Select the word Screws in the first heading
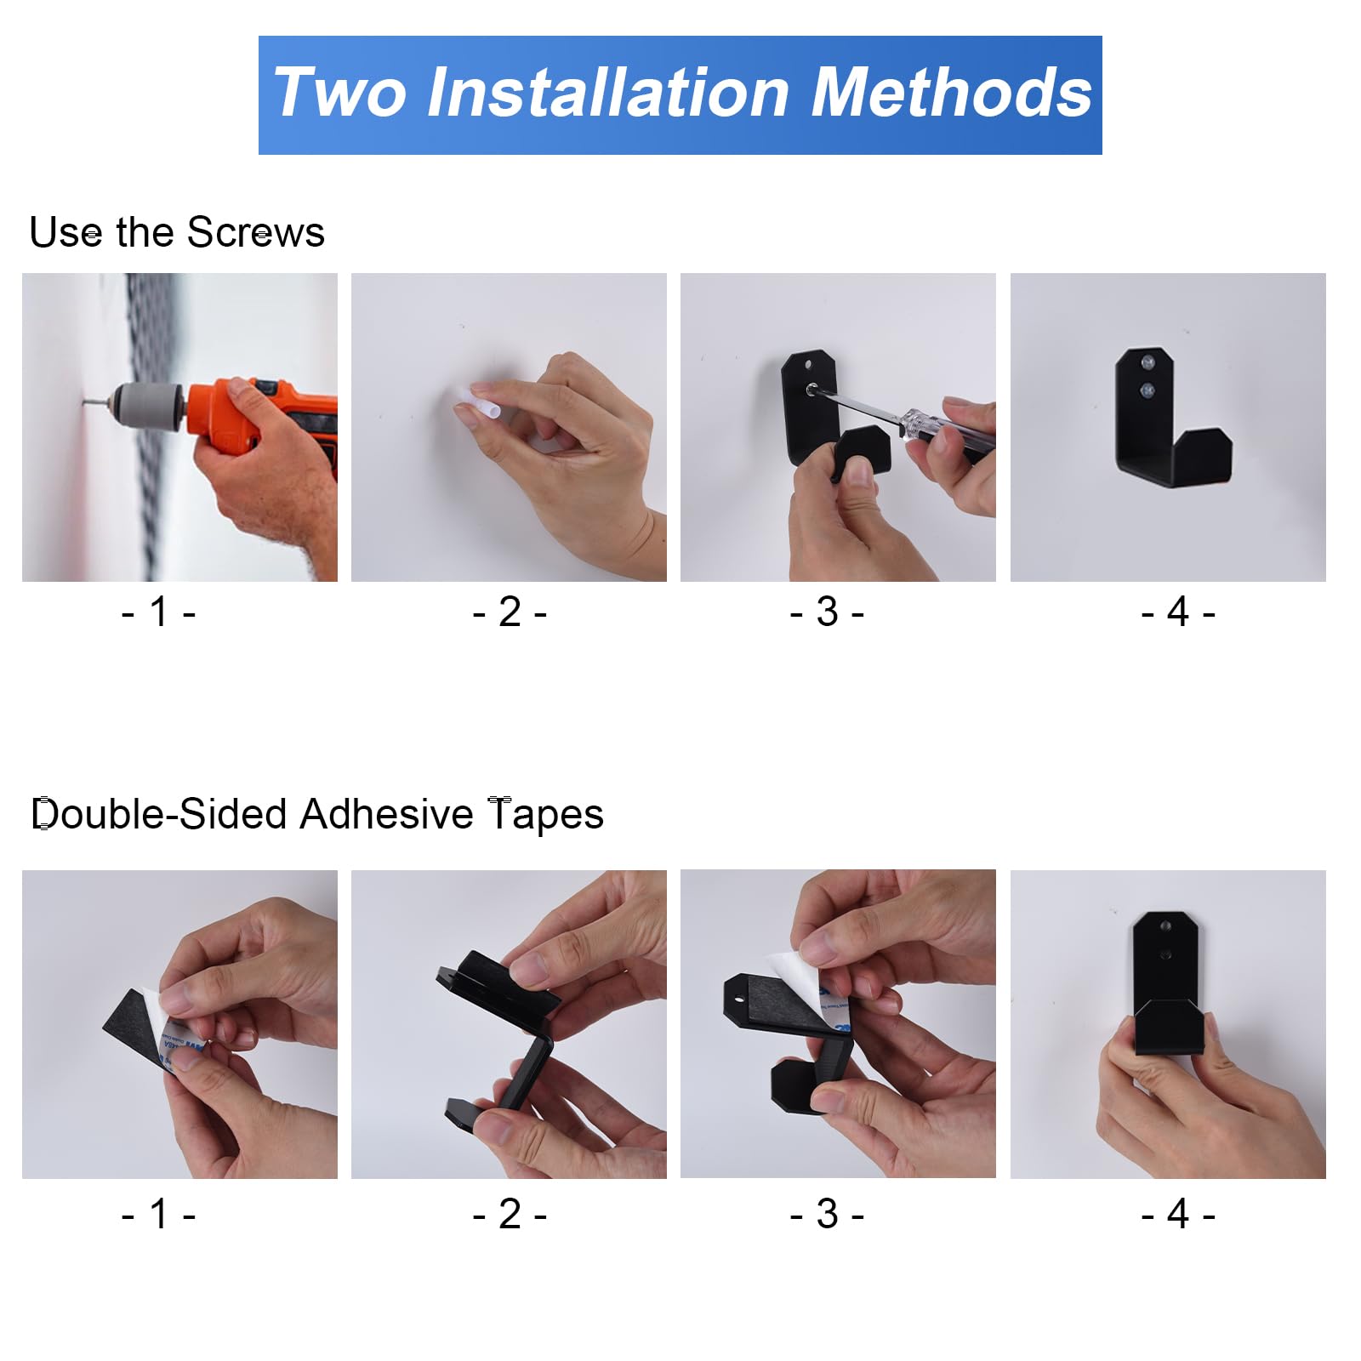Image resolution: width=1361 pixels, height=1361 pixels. tap(255, 232)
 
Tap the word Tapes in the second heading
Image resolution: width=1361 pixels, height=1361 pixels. tap(545, 814)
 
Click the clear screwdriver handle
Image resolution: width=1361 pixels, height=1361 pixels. tap(944, 432)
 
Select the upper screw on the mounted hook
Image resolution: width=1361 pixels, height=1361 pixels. tap(1147, 363)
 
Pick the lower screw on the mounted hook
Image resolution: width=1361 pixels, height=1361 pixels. tap(1147, 391)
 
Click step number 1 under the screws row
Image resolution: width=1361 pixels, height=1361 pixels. tap(159, 612)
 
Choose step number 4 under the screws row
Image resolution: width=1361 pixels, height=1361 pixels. tap(1178, 612)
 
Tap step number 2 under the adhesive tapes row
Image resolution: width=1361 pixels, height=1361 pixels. tap(510, 1214)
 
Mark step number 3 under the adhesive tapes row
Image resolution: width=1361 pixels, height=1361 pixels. tap(827, 1214)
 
